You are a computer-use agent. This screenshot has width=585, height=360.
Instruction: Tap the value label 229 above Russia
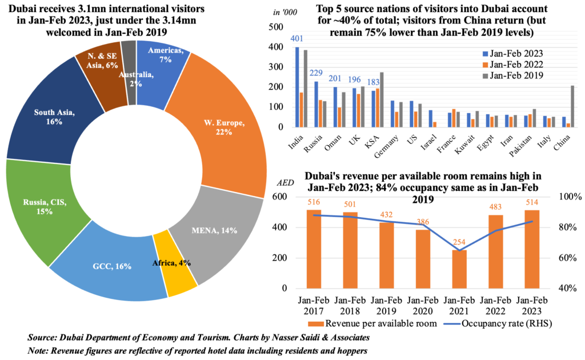click(316, 73)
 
